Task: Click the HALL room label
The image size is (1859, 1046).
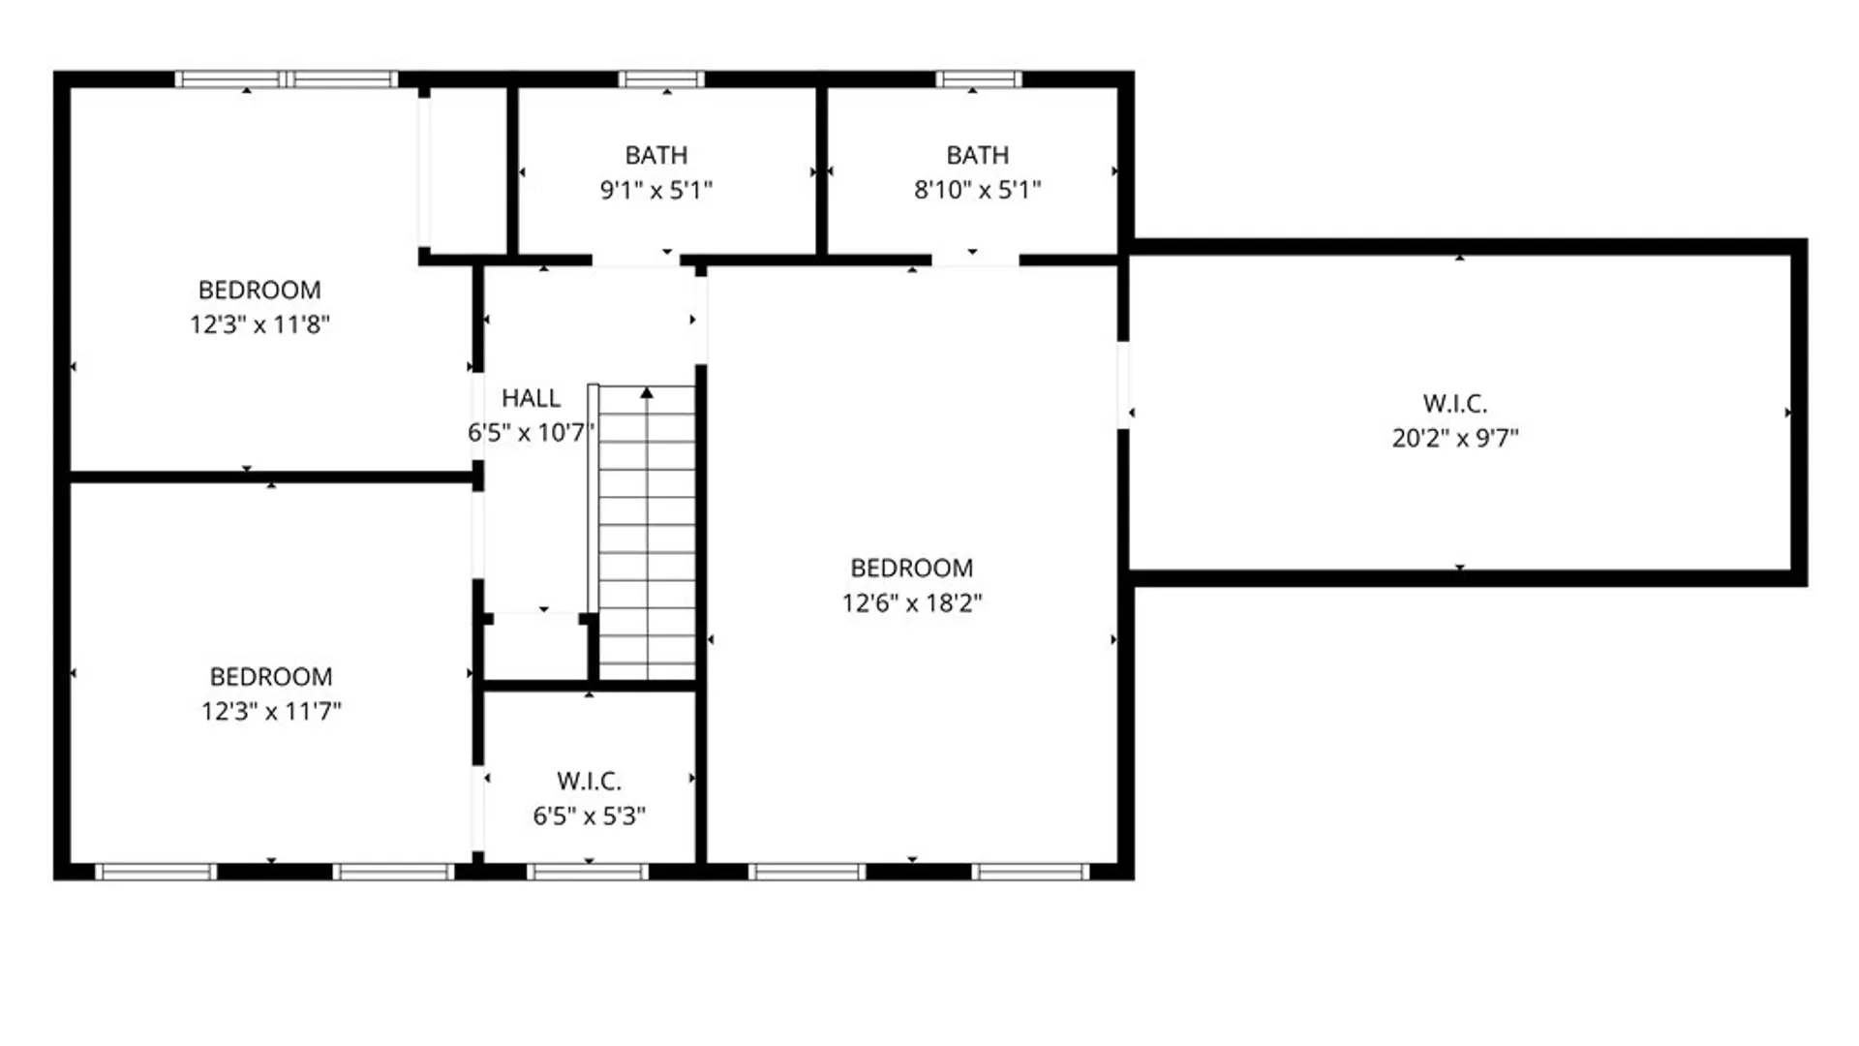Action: coord(531,398)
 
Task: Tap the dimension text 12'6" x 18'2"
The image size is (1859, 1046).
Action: coord(912,603)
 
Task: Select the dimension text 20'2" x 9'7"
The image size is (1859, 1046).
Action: coord(1455,438)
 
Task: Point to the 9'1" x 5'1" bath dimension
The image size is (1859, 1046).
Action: coord(656,190)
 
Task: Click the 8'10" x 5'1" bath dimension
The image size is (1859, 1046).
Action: coord(977,190)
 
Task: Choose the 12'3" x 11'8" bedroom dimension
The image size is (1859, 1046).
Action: coord(259,324)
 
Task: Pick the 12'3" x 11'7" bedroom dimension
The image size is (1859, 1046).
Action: coord(271,712)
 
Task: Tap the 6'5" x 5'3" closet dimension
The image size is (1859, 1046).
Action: coord(589,816)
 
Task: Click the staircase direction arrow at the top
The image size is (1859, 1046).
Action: coord(647,392)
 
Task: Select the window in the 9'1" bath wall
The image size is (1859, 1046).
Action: coord(661,79)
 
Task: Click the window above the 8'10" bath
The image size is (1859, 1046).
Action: coord(979,79)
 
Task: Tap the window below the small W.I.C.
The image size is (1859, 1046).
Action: coord(588,872)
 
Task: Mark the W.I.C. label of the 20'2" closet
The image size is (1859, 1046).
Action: coord(1455,403)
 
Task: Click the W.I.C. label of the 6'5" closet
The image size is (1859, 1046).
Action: coord(589,782)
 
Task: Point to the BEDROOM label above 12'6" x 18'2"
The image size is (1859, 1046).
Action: coord(912,569)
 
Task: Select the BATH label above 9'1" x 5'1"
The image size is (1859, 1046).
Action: coord(656,155)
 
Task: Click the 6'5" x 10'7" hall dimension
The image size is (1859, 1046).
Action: coord(530,433)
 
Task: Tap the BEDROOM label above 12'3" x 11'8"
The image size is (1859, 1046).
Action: coord(259,290)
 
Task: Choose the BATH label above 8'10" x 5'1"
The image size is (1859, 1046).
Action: coord(977,155)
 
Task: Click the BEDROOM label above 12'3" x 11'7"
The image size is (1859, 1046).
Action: coord(271,676)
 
